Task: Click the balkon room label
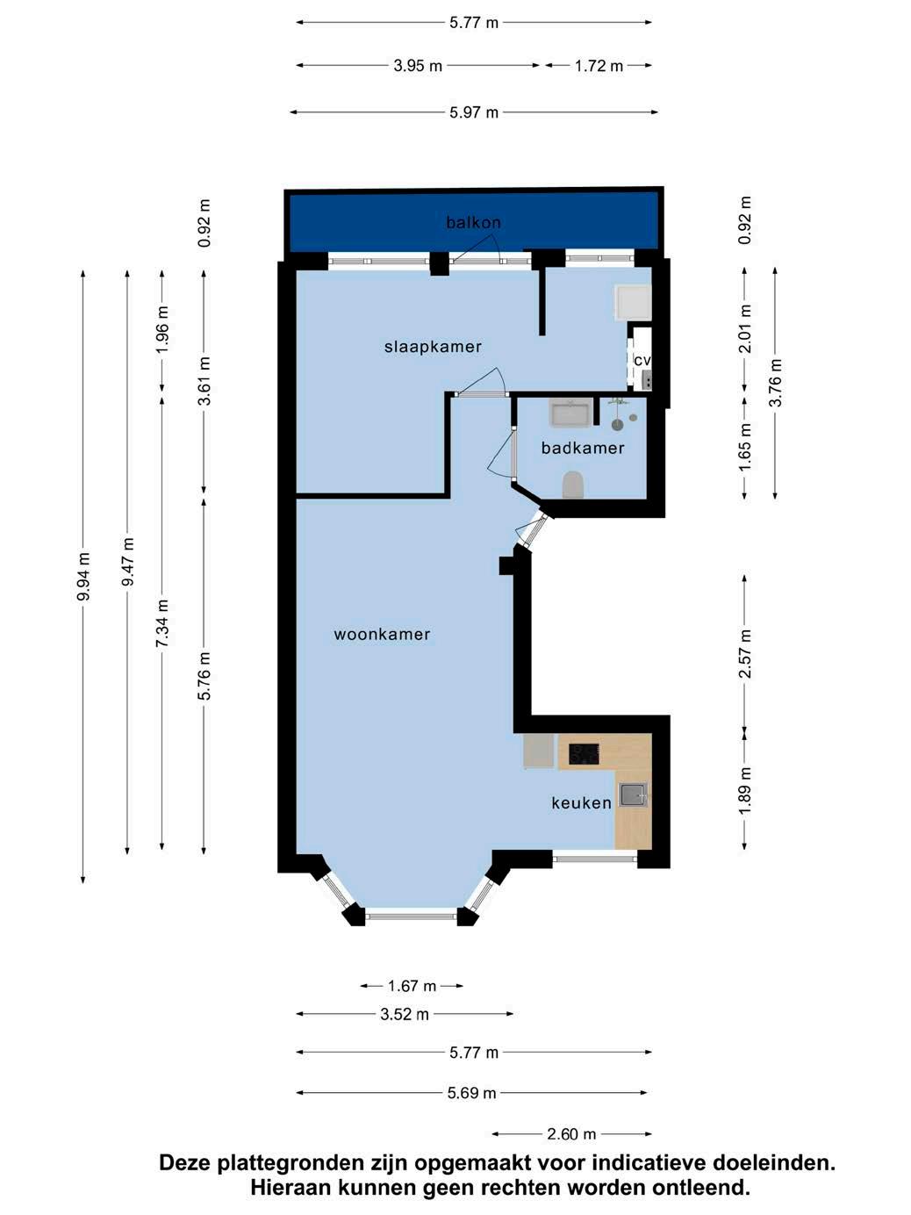[x=473, y=222]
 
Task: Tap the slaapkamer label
[x=433, y=347]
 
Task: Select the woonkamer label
[x=382, y=635]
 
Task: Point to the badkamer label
[x=583, y=448]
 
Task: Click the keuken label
[x=581, y=802]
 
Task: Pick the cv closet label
[x=642, y=360]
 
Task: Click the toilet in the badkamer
[x=573, y=485]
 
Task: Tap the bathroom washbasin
[x=570, y=413]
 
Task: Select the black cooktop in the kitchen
[x=585, y=754]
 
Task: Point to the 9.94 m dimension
[x=84, y=576]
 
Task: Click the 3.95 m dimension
[x=418, y=66]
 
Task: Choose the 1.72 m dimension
[x=599, y=66]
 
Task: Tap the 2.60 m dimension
[x=571, y=1134]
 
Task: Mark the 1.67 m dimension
[x=412, y=986]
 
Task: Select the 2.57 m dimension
[x=745, y=654]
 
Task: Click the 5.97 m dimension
[x=473, y=113]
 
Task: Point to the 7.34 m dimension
[x=162, y=623]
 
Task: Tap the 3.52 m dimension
[x=405, y=1014]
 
